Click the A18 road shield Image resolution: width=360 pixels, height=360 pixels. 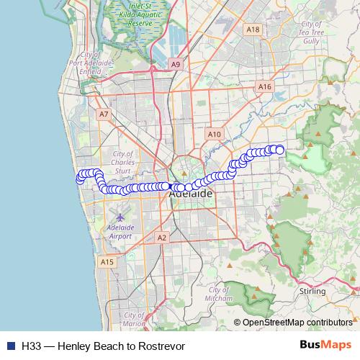pos(252,30)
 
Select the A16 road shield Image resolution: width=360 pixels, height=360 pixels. pos(265,86)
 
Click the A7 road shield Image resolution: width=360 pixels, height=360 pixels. pos(104,114)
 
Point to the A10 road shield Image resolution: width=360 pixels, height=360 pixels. pos(214,134)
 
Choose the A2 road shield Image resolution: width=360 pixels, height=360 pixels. pos(161,238)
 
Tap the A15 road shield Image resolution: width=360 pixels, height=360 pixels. pos(107,262)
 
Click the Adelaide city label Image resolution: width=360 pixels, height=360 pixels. pos(190,194)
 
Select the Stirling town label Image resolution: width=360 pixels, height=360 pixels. pos(311,291)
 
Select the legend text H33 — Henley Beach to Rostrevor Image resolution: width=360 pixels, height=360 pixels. pos(104,346)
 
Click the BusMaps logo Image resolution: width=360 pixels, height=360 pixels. pos(320,346)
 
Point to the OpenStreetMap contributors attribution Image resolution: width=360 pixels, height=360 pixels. pos(297,323)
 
